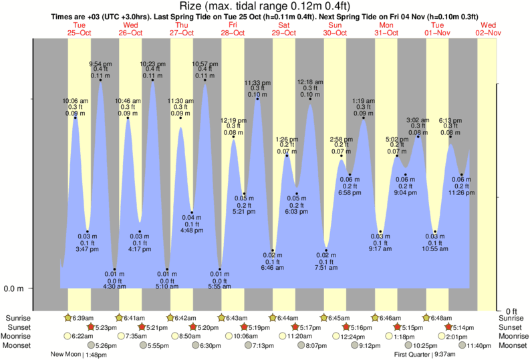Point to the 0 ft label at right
coord(511,311)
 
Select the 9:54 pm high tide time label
coord(101,63)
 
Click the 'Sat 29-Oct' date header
coord(283,29)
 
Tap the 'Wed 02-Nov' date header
coord(488,29)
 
